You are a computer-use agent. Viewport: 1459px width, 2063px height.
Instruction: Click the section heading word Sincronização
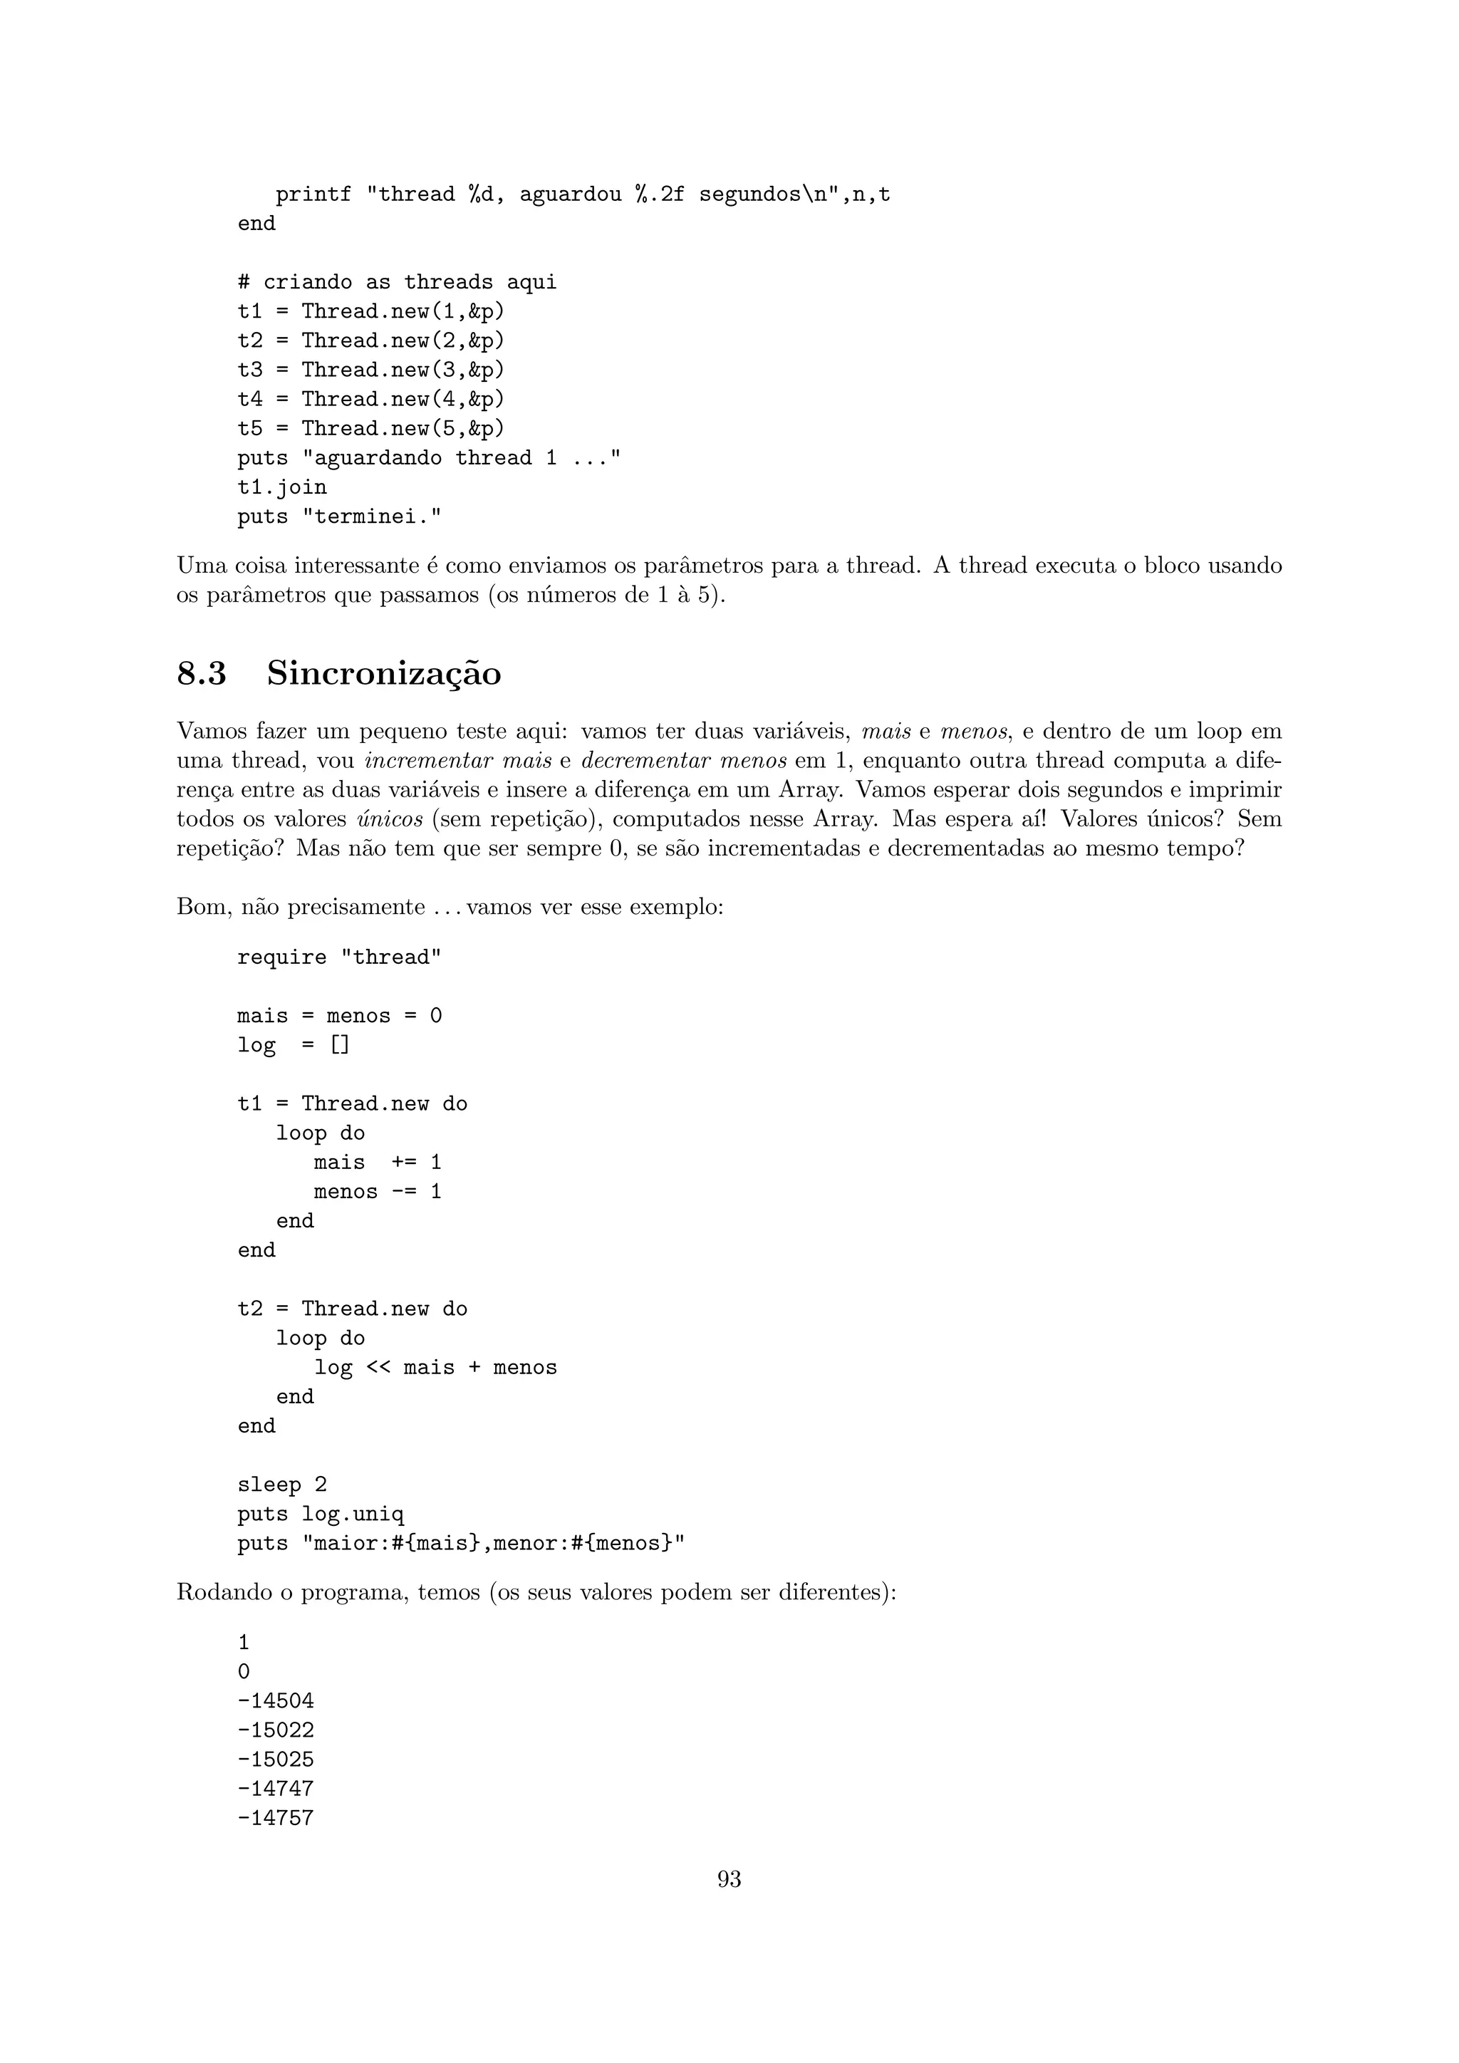[383, 673]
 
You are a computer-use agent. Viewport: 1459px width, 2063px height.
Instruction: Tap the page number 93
[729, 1878]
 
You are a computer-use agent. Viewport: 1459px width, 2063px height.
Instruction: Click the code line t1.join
[282, 487]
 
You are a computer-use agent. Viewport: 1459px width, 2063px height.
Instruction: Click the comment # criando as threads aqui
[397, 282]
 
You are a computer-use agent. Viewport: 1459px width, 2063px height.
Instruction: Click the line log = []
[294, 1045]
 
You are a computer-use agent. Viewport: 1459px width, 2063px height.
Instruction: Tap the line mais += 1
[378, 1162]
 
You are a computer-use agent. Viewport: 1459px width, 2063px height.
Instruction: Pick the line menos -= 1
[378, 1192]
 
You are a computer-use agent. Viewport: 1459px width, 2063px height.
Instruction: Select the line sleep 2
[282, 1485]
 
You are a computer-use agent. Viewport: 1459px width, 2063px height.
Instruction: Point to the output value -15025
[276, 1760]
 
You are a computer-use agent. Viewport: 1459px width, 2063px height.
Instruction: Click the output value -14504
[276, 1701]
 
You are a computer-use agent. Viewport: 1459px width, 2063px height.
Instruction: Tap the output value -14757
[276, 1818]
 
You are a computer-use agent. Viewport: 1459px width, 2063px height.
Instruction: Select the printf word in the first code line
[313, 194]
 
